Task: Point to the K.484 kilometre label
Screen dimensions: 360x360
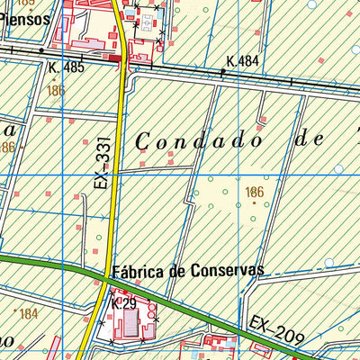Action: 244,60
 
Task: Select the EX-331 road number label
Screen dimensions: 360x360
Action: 101,167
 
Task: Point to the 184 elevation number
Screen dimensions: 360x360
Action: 29,314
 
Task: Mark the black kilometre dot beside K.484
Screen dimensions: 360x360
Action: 222,69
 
